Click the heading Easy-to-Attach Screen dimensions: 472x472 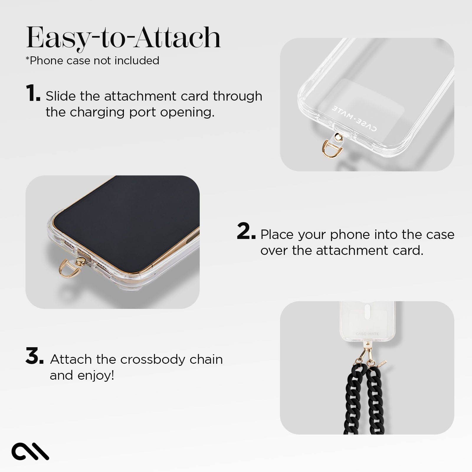tap(123, 38)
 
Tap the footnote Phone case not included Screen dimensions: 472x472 tap(93, 60)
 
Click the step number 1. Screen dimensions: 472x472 tap(32, 93)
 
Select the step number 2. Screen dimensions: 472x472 tap(245, 231)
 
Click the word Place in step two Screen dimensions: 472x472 tap(277, 235)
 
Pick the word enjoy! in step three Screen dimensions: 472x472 tap(96, 375)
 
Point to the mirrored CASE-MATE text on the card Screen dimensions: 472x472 tap(354, 118)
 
